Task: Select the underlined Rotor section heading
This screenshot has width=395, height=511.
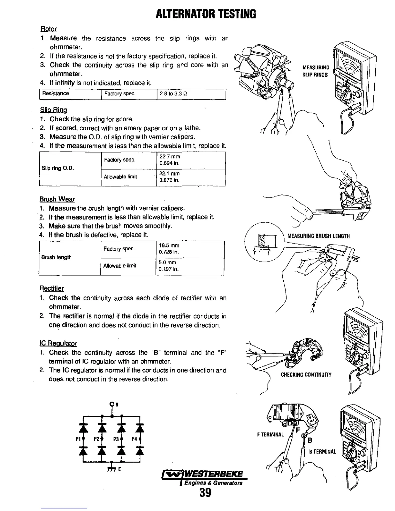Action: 49,29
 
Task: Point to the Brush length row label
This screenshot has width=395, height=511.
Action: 56,257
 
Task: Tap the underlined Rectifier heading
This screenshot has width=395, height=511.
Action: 52,288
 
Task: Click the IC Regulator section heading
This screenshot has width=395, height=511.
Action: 58,343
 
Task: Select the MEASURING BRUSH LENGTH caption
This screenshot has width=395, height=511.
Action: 318,236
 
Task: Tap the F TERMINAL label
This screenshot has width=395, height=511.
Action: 270,434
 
